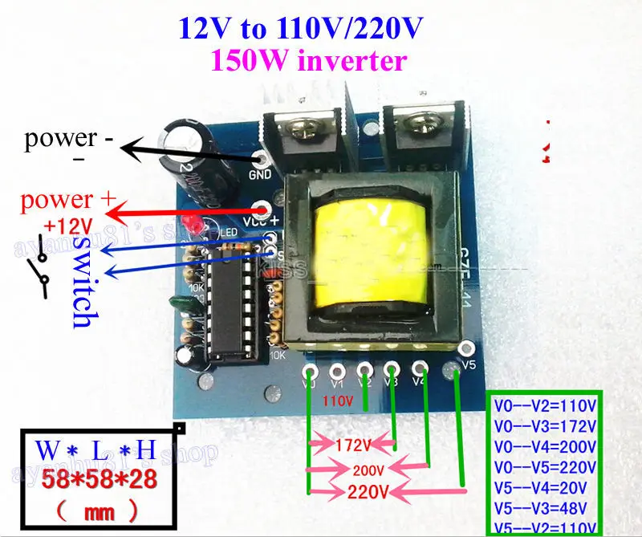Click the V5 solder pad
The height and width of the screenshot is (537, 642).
point(464,349)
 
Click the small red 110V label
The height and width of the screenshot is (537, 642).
point(337,399)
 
